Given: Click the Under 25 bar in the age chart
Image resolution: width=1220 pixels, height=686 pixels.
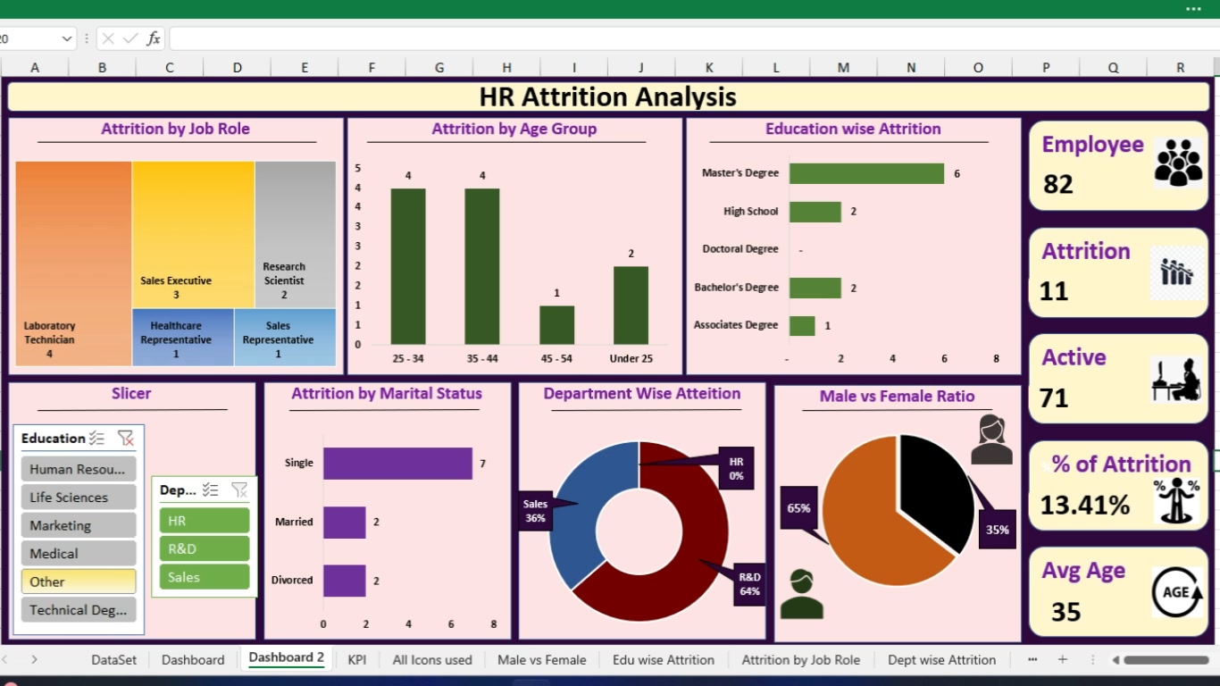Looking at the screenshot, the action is pos(631,305).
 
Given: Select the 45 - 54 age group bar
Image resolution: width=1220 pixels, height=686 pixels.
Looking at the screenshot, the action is pos(556,325).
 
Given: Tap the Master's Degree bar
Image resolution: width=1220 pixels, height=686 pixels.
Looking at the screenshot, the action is pos(866,174).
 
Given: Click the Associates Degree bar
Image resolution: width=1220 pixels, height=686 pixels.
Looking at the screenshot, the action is pos(802,326).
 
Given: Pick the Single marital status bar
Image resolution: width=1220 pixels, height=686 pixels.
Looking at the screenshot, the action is pos(397,464).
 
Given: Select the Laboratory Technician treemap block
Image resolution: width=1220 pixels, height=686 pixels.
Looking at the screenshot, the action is pos(73,264).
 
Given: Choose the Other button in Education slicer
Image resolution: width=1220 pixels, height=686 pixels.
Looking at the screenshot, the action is pos(79,581).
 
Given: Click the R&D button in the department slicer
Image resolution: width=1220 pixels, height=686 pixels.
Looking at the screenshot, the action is pos(205,548).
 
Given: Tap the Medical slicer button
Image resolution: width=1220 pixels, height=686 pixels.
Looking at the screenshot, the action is pos(79,554).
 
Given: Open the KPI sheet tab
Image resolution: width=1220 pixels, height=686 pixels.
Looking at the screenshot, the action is pos(356,660).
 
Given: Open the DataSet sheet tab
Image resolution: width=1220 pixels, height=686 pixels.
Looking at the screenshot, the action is pos(113,660).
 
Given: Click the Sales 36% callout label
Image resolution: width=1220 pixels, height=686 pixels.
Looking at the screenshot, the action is pos(535,511).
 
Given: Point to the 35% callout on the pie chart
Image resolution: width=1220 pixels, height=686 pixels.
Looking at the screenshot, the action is pos(998,529).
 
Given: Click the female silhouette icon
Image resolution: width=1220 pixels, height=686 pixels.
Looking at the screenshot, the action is pos(991,439).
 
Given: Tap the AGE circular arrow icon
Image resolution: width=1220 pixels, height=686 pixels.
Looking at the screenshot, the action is pos(1177,592).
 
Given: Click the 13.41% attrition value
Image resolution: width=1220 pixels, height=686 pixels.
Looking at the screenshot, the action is pos(1085,505).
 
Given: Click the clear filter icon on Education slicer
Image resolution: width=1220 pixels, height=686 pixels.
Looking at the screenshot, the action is pos(125,438).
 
